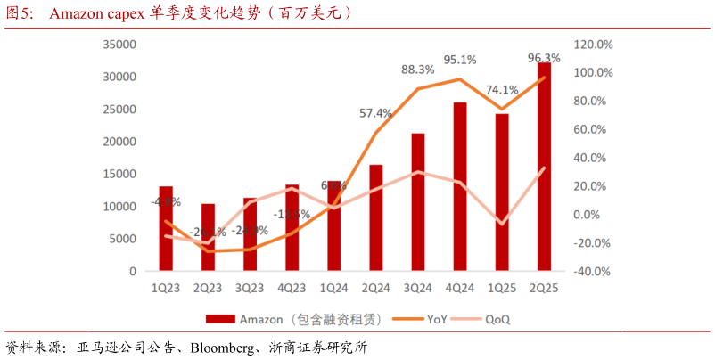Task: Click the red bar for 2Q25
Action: [544, 169]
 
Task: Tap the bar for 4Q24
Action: [460, 186]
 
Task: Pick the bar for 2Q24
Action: [376, 217]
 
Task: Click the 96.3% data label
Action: [544, 58]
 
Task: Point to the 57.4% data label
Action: [375, 113]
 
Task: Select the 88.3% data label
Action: [417, 69]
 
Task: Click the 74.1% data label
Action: [503, 89]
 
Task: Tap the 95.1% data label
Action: [460, 60]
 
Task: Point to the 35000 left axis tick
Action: [119, 45]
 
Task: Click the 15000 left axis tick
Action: [119, 174]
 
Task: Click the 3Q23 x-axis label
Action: [250, 288]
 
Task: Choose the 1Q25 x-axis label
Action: [502, 288]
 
